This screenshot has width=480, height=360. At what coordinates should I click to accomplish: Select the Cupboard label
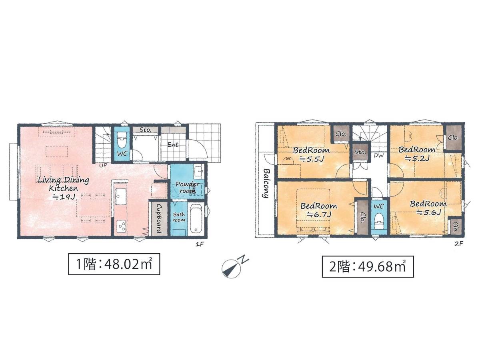coord(159,218)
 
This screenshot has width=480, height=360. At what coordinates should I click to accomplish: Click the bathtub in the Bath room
coord(196,218)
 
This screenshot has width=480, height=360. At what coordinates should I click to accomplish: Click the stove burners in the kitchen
coord(121,227)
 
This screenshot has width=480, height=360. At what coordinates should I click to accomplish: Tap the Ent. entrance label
coord(174,144)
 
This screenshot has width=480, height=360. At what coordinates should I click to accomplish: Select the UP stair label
coord(103,166)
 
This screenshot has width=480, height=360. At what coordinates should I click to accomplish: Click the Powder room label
coord(188,187)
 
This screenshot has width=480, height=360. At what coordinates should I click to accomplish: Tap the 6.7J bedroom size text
coord(319,215)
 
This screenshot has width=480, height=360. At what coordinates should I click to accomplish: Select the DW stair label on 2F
coord(379,156)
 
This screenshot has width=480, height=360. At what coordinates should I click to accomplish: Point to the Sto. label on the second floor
coord(360,152)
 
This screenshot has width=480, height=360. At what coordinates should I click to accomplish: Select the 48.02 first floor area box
coord(114,264)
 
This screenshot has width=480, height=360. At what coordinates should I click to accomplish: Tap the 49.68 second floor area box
coord(368,266)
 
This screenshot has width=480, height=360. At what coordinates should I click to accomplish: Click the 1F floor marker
coord(200,244)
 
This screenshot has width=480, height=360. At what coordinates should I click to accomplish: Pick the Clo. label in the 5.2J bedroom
coord(453,138)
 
